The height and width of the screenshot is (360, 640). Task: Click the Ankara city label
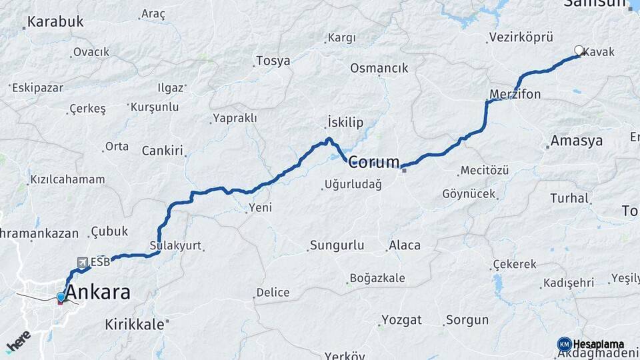(99, 292)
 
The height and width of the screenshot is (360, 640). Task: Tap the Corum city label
(374, 162)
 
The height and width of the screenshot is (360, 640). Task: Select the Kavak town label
(599, 52)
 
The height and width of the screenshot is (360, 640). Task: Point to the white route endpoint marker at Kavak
(579, 50)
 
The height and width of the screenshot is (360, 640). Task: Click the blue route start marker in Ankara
(61, 297)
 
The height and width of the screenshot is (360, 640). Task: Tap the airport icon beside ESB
(83, 262)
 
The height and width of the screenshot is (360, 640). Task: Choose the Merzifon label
(515, 95)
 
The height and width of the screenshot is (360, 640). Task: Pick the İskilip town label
(345, 122)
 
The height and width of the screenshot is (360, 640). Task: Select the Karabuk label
(56, 21)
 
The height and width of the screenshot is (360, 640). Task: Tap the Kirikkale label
(135, 325)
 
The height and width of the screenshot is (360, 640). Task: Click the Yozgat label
(402, 320)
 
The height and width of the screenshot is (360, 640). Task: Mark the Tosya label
(274, 61)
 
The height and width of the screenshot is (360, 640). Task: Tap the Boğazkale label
(378, 278)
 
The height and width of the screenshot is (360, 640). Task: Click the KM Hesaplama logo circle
(565, 344)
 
